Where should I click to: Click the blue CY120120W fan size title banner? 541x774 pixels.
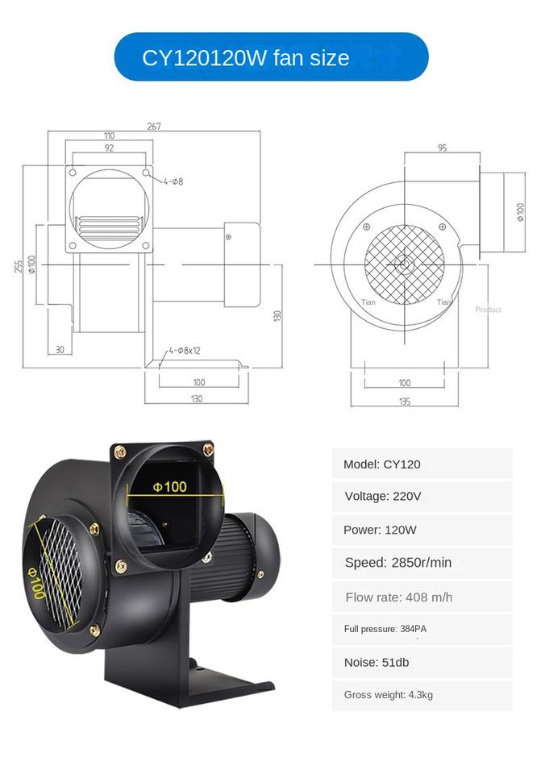[271, 56]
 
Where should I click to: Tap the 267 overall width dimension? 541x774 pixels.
[153, 127]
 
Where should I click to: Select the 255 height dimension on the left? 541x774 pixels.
[19, 267]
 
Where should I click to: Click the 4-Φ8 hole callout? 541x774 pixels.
[173, 181]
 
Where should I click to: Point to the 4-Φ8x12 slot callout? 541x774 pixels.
[185, 351]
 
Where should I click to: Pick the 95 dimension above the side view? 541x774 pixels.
[442, 148]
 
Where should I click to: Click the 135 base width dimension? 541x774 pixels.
[404, 402]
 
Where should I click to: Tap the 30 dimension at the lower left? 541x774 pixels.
[60, 349]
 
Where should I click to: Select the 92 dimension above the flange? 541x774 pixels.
[109, 148]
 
